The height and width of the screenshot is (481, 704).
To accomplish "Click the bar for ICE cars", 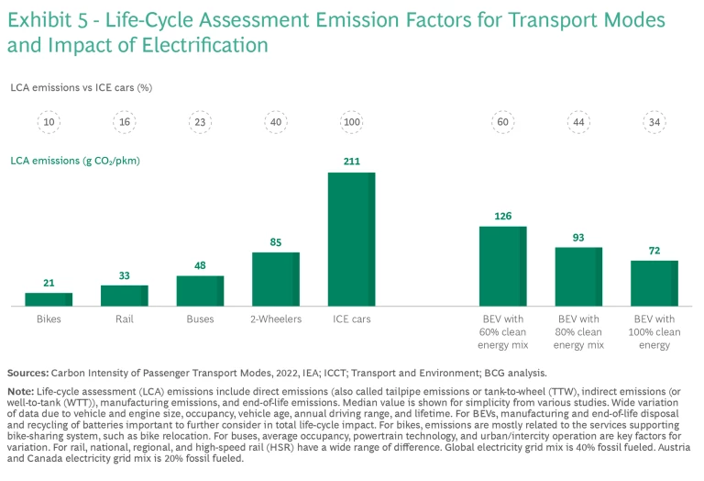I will pos(352,239).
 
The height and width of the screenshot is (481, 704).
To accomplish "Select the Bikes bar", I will pos(49,299).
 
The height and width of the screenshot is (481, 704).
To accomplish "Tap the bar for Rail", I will pos(125,296).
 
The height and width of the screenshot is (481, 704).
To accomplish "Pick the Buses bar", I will pos(200,291).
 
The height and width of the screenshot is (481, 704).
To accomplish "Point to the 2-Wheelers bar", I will pos(276,279).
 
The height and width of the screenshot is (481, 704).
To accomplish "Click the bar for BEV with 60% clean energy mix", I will pos(502,266).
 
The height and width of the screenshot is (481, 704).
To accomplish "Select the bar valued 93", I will pos(578,276).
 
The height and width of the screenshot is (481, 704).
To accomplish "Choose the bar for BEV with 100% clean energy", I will pos(654,283).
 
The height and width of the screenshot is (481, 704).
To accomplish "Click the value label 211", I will pos(352,162).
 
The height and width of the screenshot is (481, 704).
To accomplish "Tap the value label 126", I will pos(502,217).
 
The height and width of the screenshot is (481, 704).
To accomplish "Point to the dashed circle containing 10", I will pos(49,121).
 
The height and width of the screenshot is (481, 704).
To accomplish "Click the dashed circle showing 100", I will pos(352,121).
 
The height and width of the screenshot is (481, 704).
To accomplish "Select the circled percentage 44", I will pos(578,121).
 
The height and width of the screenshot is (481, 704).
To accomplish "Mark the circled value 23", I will pos(200,121).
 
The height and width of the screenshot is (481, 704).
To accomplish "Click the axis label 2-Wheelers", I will pos(276,319).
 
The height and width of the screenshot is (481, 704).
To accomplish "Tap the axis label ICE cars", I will pos(352,319).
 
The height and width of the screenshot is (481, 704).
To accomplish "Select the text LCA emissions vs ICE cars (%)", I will pos(82,87).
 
